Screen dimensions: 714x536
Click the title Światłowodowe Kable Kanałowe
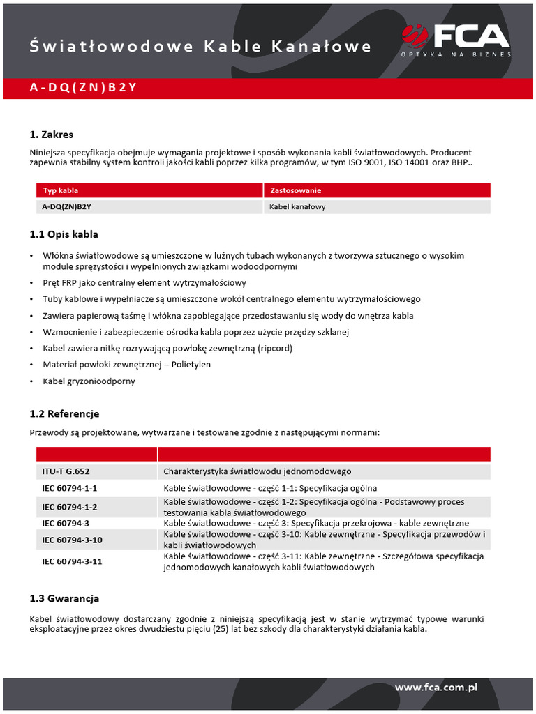point(200,47)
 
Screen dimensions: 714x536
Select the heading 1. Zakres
point(52,135)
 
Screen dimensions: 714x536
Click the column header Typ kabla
point(61,190)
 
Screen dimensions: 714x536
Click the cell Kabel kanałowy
point(297,207)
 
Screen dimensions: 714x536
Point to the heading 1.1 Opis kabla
point(68,234)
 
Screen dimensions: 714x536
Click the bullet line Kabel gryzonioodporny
point(89,381)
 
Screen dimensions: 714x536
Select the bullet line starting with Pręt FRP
point(144,283)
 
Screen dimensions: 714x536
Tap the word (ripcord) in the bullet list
point(275,348)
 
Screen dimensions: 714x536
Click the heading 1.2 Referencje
point(64,414)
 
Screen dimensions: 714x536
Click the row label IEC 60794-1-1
point(69,488)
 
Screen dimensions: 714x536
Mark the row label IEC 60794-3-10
point(72,540)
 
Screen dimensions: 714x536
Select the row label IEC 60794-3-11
point(72,561)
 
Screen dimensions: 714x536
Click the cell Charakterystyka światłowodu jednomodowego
point(258,472)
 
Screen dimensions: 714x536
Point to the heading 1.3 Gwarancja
point(64,598)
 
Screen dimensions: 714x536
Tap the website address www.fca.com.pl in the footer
point(435,688)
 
